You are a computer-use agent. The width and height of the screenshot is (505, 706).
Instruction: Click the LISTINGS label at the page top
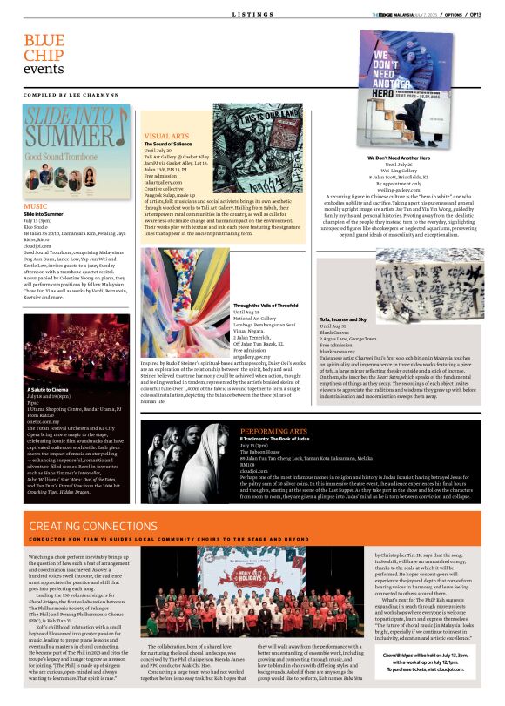(x=252, y=15)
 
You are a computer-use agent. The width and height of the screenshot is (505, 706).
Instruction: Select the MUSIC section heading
(x=36, y=205)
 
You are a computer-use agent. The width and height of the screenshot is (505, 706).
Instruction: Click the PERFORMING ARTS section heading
(x=273, y=431)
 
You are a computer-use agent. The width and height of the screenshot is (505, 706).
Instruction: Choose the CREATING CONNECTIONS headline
(x=93, y=527)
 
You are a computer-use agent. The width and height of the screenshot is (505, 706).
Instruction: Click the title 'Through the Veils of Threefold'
(x=265, y=306)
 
